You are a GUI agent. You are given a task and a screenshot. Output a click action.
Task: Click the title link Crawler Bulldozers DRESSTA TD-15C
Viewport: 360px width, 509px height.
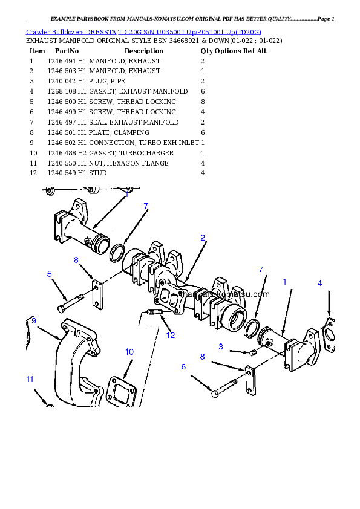[144, 31]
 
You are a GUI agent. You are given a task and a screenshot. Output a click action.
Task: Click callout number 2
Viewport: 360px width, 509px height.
[203, 238]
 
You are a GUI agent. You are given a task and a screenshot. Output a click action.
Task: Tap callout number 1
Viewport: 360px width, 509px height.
[285, 282]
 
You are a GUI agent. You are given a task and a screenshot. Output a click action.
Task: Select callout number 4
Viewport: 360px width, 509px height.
[319, 283]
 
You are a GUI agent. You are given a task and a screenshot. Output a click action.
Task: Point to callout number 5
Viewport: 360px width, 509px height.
[50, 274]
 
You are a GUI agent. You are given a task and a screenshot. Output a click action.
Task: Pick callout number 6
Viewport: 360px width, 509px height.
[183, 366]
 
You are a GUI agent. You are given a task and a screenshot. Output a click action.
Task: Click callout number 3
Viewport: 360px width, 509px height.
[221, 346]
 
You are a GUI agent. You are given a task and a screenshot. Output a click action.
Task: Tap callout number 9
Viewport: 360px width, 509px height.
[34, 320]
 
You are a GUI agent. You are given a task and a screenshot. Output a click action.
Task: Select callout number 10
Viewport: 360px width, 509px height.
[129, 352]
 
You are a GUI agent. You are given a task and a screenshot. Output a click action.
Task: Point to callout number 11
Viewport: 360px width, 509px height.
[29, 379]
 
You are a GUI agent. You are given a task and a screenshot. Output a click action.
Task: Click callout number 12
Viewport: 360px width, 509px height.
[171, 335]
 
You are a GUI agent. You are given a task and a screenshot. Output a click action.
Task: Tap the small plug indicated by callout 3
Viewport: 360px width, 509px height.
[253, 352]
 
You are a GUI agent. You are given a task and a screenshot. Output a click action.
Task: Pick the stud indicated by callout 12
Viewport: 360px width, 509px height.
[154, 313]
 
